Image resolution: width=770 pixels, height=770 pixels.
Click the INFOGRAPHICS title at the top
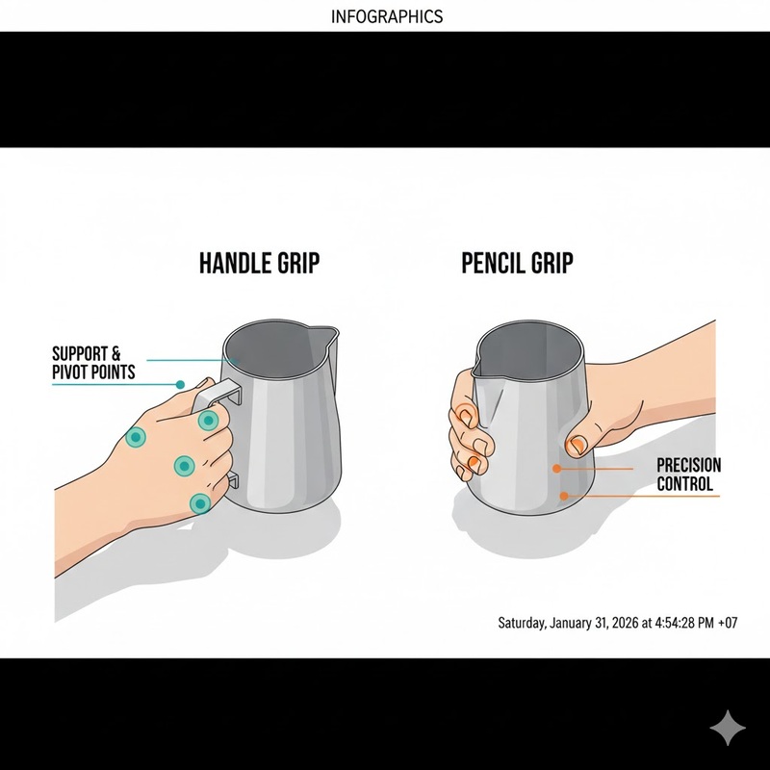point(387,16)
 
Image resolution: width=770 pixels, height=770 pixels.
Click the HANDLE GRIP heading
point(259,263)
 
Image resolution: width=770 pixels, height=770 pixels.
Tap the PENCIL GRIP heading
point(517,263)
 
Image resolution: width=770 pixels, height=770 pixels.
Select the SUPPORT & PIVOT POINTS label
point(93,363)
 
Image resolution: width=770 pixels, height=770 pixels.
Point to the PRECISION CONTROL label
point(688,475)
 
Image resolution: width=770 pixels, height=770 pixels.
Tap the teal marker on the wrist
point(136,437)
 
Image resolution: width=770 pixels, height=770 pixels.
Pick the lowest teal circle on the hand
point(200,503)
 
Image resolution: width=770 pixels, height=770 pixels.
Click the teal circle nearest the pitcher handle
point(208,421)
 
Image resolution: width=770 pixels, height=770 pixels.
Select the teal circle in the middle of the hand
point(184,466)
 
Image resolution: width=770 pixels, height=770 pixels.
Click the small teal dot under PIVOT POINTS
point(180,384)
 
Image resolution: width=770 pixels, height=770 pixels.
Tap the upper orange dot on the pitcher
point(556,469)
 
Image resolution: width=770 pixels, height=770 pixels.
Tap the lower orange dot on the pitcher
point(564,496)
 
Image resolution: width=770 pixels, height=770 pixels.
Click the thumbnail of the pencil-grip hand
point(577,445)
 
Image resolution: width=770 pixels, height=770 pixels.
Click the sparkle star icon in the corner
point(728,728)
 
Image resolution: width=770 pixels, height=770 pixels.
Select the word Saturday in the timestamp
point(522,623)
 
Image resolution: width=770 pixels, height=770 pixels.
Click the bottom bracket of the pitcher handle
point(233,479)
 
